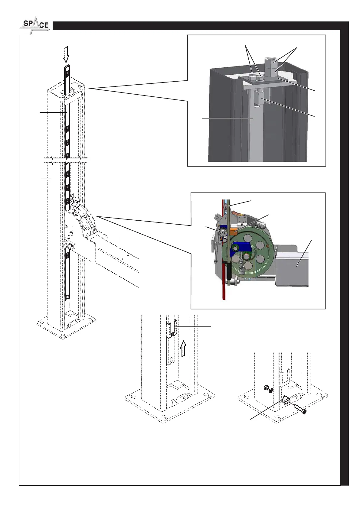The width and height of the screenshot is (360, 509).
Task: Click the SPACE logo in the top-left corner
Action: [x=35, y=25]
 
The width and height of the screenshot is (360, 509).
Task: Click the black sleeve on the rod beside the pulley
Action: [x=230, y=269]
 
